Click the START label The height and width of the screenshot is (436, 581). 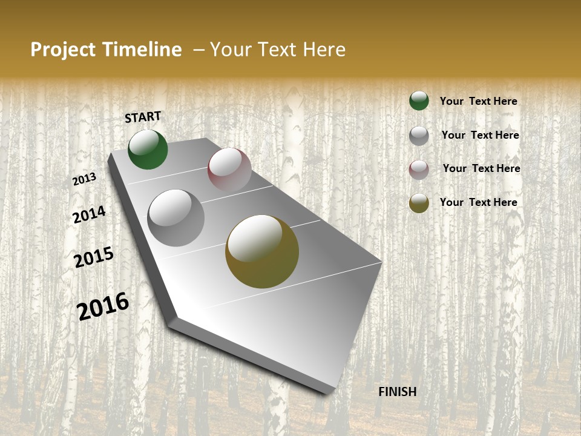(143, 117)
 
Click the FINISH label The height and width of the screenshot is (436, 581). (398, 392)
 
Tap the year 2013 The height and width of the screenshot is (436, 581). (85, 179)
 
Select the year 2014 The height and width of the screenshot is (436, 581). (89, 214)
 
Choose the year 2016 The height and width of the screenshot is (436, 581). (103, 306)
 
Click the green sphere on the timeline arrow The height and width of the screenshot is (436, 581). (148, 150)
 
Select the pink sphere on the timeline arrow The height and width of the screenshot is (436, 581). (229, 170)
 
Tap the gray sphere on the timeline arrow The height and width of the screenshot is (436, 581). (176, 218)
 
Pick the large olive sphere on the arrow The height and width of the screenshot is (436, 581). (262, 251)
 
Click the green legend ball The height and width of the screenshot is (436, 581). (419, 101)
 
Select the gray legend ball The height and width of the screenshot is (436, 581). (419, 136)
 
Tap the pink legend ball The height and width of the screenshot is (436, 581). (419, 170)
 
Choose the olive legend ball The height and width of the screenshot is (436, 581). (419, 203)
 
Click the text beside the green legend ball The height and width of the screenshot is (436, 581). (478, 101)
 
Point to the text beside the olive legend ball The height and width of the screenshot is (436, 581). (478, 202)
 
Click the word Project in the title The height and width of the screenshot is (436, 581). (63, 50)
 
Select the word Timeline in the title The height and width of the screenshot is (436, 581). (143, 50)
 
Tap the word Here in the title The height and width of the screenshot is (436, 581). (324, 50)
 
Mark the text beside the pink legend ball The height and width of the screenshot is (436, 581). (481, 168)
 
